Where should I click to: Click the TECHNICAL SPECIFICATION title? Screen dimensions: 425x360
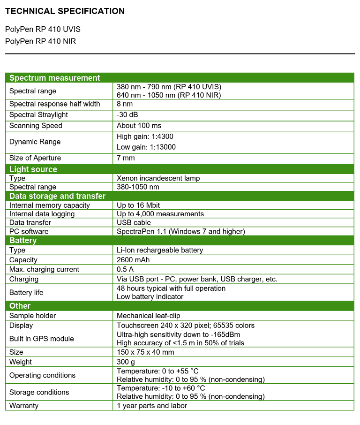pos(65,11)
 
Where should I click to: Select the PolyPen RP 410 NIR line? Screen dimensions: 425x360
pos(40,41)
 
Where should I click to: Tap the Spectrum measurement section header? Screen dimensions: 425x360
pos(54,78)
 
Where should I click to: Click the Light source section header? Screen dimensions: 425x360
pos(33,169)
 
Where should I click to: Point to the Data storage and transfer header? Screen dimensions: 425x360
pos(57,196)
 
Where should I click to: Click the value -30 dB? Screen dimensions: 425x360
pos(127,115)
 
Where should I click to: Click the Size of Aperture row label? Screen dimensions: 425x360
pos(35,158)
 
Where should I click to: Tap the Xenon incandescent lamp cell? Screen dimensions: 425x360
pos(158,178)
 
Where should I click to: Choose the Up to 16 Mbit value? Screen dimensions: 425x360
pos(138,205)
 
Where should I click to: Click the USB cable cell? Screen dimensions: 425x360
pos(134,223)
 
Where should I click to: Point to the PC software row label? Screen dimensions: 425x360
pos(29,231)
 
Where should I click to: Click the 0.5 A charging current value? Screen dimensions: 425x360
pos(125,270)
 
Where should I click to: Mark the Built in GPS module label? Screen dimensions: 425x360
pos(42,339)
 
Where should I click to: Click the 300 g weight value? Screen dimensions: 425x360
pos(125,362)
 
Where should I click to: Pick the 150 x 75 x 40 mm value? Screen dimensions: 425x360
pos(145,352)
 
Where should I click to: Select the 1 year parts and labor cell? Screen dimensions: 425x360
pos(151,406)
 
